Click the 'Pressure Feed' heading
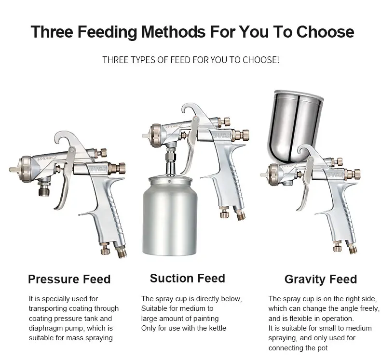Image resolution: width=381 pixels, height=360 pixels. pos(69,279)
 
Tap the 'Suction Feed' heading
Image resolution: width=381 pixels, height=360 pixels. pos(187,278)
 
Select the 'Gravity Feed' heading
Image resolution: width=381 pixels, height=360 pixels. pos(321,280)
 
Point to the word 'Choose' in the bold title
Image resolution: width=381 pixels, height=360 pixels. pos(326,31)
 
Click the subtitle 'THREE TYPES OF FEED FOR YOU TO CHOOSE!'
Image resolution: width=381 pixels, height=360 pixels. pos(191,60)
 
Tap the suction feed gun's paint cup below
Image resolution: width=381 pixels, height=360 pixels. pos(170,216)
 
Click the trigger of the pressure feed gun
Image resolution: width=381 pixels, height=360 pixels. pos(65,178)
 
